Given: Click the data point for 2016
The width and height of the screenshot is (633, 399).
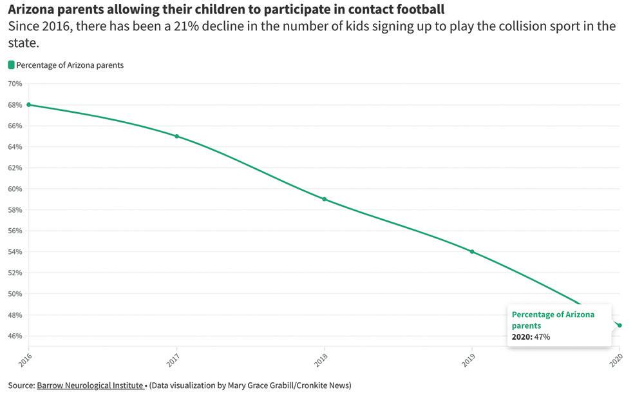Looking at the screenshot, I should tap(28, 104).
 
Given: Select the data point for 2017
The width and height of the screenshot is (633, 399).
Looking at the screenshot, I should tap(176, 136).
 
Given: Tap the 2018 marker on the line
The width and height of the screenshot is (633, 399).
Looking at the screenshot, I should tap(324, 199).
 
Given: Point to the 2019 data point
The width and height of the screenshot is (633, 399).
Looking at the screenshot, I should tap(472, 251).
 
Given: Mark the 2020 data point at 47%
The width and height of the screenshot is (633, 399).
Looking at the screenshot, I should tap(619, 325).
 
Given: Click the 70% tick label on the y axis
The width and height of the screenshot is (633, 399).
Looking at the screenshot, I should tap(15, 84).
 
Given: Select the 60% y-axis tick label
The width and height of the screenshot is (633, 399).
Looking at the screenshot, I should tap(15, 189).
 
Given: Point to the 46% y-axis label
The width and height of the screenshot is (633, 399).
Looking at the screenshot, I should tap(15, 336).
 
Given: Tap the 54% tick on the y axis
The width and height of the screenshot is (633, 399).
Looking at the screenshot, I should tap(15, 252).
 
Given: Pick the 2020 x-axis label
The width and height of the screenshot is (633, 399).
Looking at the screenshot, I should tap(616, 360).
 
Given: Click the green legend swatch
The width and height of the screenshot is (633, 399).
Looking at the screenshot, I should tap(11, 65).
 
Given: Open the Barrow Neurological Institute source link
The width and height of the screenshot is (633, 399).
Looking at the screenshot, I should tap(90, 385).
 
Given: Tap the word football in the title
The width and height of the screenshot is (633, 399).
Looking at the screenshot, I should tap(419, 10).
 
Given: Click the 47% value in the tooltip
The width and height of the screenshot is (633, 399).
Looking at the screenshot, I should tap(542, 336).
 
